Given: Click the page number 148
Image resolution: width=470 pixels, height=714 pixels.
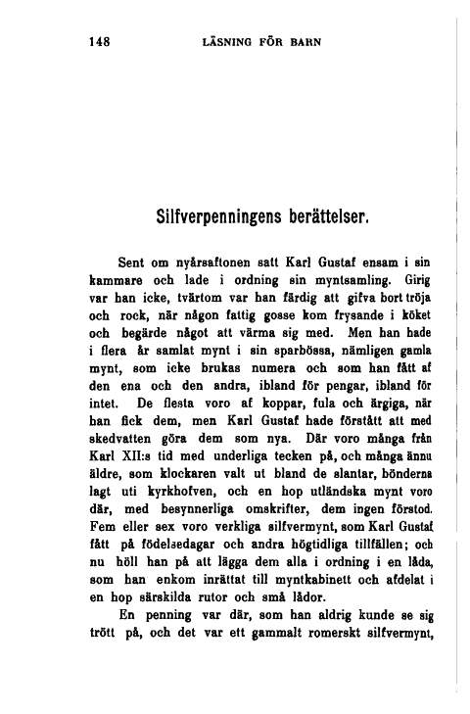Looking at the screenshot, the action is coord(96,41).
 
